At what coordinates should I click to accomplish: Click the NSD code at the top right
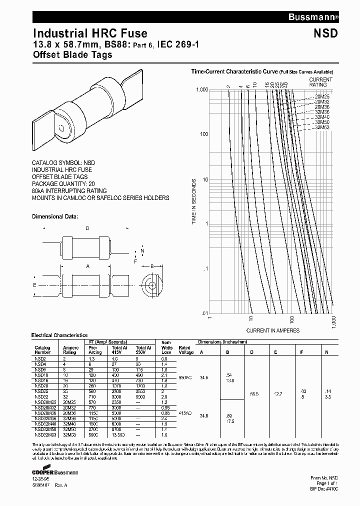326,33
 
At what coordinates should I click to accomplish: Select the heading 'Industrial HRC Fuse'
90,33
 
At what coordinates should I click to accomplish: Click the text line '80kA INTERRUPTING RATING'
69,190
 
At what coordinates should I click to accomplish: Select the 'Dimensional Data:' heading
55,216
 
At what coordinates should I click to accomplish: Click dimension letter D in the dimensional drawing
86,228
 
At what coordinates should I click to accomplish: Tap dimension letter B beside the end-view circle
152,266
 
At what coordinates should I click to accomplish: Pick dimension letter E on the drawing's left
34,285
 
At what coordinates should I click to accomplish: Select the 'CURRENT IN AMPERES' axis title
272,330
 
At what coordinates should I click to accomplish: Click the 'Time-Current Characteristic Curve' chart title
234,71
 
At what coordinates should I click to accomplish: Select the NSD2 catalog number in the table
40,359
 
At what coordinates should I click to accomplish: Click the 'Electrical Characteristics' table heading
59,335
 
